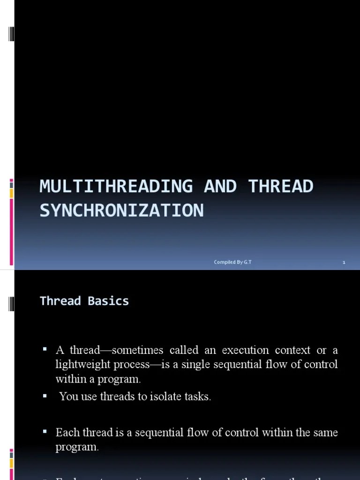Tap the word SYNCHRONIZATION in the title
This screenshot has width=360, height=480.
122,211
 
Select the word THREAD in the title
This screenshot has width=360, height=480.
281,187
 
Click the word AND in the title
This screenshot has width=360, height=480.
220,187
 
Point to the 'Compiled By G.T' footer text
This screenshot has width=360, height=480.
232,262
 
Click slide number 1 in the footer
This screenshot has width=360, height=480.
344,262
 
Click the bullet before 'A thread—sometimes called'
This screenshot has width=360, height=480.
45,349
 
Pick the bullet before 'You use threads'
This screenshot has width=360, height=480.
45,396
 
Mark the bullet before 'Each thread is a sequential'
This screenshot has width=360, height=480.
45,431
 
